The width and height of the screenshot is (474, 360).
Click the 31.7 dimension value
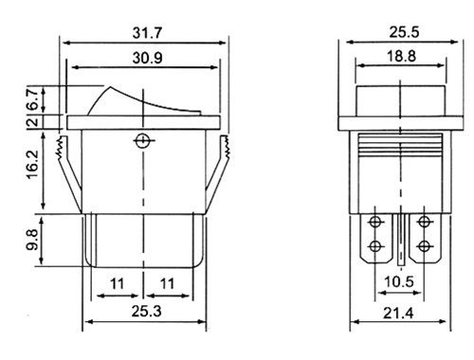pos(147,33)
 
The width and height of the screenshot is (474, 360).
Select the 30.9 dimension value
pos(147,58)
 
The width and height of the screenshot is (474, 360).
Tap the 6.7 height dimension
pos(33,99)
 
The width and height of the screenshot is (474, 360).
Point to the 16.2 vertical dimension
pos(32,165)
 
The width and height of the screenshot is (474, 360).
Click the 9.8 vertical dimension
pos(32,240)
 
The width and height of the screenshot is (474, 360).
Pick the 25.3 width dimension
pos(147,312)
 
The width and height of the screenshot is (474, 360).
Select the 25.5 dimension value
pos(404,32)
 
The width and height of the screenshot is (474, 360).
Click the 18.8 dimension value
pos(402,56)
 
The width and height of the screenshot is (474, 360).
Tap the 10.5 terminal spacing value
pos(399,281)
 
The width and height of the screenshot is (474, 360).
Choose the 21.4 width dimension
pos(398,314)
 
